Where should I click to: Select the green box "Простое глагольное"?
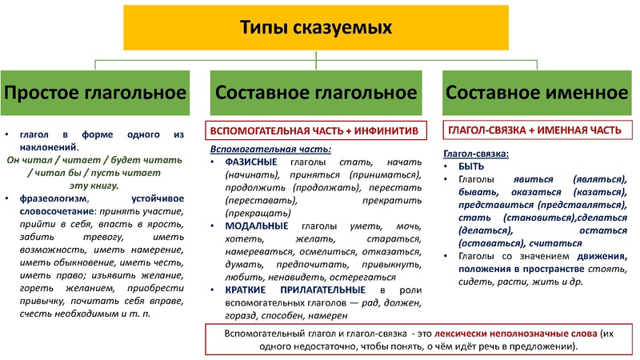[x=96, y=92]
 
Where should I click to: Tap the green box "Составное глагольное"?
[x=316, y=92]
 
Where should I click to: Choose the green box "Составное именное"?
[x=537, y=92]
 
